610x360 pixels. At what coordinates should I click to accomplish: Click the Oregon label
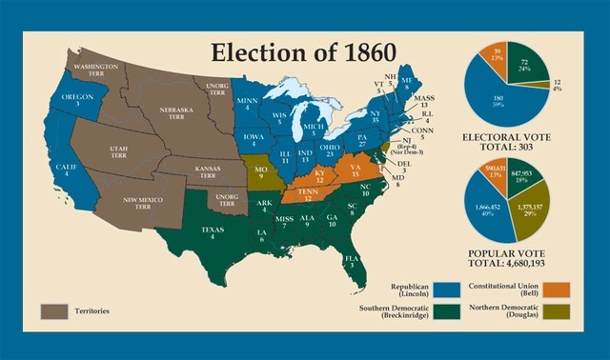pyautogui.click(x=78, y=101)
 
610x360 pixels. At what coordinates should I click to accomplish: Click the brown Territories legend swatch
pyautogui.click(x=54, y=310)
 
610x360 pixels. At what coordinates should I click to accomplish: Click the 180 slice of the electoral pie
pyautogui.click(x=496, y=98)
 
